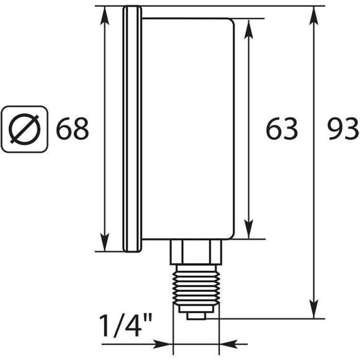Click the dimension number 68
tap(73, 129)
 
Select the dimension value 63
tap(282, 129)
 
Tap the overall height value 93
tap(342, 129)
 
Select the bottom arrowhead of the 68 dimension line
tap(104, 243)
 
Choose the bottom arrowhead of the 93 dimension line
tap(316, 310)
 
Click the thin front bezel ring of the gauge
tap(130, 129)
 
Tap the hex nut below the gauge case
tap(196, 251)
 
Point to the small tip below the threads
tap(196, 315)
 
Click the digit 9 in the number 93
tap(333, 129)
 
